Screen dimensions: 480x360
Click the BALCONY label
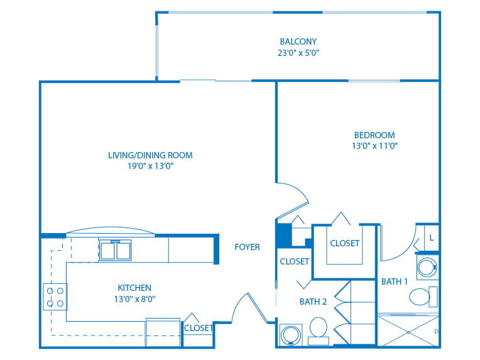point(298,41)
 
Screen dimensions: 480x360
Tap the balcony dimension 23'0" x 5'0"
point(298,53)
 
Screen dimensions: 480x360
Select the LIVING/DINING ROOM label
point(150,155)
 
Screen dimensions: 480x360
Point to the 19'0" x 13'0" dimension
point(150,166)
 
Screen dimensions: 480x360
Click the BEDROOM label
point(374,135)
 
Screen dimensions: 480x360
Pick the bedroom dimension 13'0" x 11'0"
point(374,146)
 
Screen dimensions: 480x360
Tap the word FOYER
point(247,247)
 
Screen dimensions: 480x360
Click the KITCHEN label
point(134,288)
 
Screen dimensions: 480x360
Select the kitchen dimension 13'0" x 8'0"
point(134,299)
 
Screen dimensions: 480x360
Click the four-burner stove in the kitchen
point(55,297)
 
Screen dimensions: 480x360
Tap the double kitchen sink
point(116,250)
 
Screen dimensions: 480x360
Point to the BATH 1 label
point(395,281)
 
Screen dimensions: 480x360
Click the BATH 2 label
point(313,302)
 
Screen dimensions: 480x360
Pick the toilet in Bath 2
point(319,331)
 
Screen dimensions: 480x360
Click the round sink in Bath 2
point(290,335)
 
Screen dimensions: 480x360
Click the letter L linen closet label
point(432,237)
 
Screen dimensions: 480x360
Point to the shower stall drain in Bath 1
point(408,332)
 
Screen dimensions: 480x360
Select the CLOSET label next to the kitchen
point(199,328)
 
